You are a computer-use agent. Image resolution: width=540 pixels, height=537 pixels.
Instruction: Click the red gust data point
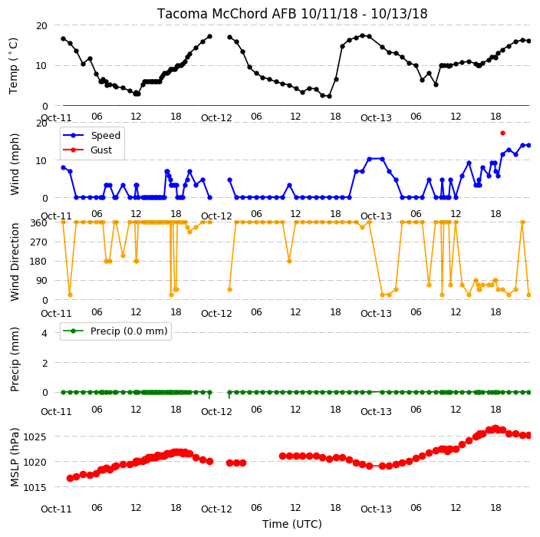[502, 133]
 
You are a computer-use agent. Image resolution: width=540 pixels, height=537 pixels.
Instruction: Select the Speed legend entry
[91, 135]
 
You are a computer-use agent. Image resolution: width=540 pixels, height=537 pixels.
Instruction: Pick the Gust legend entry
[87, 150]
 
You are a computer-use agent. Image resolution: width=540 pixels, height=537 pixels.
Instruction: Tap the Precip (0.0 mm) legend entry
[115, 331]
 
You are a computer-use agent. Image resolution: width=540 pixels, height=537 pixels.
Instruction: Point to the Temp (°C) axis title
[14, 65]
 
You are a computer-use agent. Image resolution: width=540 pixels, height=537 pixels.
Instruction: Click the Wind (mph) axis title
[15, 164]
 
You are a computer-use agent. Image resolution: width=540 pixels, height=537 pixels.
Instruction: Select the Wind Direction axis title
[15, 262]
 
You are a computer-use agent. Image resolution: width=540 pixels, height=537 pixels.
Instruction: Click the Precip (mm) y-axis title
[15, 359]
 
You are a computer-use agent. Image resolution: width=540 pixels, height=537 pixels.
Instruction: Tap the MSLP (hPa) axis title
[15, 457]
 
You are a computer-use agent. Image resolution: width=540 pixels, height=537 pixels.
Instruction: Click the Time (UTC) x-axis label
[292, 524]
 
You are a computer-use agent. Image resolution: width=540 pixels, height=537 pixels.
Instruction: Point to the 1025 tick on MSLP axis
[35, 437]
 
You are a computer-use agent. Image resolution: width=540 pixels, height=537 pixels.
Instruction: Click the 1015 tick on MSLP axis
[35, 487]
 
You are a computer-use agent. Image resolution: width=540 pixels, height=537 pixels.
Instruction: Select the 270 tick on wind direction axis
[38, 242]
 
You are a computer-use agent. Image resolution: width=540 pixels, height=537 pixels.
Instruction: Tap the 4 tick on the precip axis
[44, 333]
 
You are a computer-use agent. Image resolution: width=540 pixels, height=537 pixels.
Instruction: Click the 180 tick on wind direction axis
[38, 262]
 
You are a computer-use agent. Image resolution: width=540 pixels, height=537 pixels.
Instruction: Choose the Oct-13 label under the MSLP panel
[376, 509]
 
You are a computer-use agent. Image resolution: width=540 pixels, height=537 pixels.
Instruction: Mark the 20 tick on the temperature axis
[41, 25]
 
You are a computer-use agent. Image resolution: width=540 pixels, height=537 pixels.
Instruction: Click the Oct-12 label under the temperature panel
[216, 118]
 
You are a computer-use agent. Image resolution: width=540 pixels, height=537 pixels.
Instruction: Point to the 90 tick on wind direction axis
[41, 281]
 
